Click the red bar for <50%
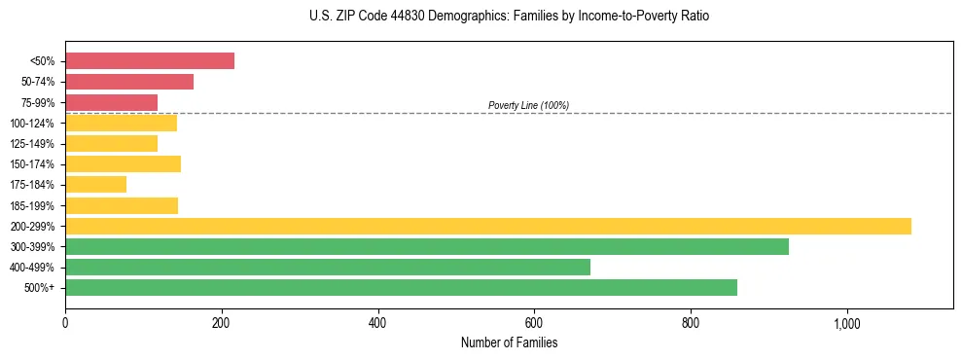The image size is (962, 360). [150, 60]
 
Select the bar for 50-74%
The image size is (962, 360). [129, 82]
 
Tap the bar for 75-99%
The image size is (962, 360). [111, 102]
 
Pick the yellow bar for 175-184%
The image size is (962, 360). [95, 184]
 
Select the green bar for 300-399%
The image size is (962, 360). [427, 246]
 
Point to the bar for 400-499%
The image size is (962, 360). [328, 267]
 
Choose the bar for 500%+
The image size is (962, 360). [401, 287]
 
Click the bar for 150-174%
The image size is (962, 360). [123, 163]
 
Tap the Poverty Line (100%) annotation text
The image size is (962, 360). [528, 105]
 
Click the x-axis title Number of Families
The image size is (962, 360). [509, 343]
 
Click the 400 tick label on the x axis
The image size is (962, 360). [377, 323]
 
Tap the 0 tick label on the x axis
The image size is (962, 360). [65, 323]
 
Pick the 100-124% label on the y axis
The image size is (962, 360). [32, 124]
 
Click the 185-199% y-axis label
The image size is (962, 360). [32, 205]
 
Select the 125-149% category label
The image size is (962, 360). [32, 144]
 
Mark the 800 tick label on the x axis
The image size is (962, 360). [690, 323]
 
